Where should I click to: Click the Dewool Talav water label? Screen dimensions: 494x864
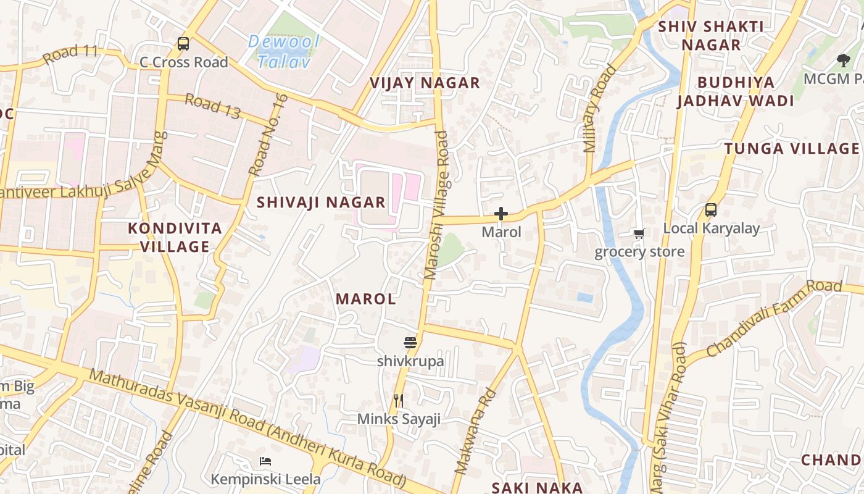click(284, 51)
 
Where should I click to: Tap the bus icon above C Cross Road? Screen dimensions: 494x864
click(183, 44)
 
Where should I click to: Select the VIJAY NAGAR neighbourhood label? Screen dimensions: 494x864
click(425, 83)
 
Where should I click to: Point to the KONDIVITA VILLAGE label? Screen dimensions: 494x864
click(175, 237)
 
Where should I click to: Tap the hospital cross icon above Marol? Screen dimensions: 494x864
click(501, 214)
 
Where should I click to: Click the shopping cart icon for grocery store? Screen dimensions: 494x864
click(639, 233)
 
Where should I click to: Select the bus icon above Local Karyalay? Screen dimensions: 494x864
click(711, 210)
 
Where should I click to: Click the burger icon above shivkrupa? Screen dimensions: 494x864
click(410, 343)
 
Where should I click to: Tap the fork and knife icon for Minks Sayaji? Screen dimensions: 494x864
click(399, 401)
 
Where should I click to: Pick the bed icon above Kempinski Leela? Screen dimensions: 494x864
click(265, 461)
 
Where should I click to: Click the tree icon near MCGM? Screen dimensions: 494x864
click(843, 60)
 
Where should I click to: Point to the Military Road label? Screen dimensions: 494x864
click(599, 109)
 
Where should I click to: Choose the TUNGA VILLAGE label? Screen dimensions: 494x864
click(792, 148)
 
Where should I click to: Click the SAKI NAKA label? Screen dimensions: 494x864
click(537, 487)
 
